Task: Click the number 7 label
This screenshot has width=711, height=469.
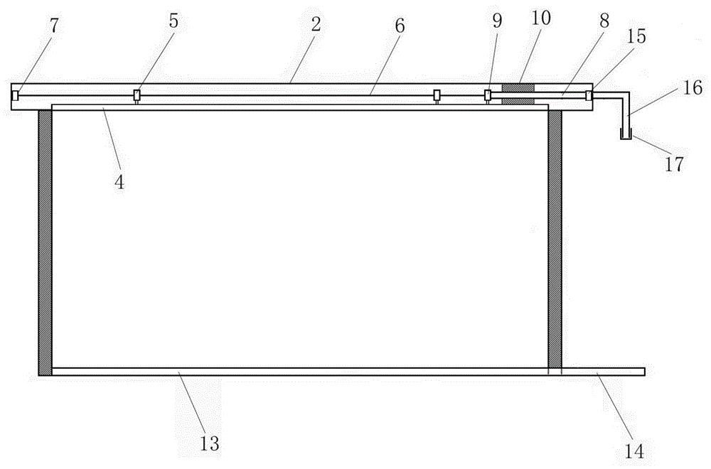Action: [x=55, y=27]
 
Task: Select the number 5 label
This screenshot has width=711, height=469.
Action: [x=173, y=21]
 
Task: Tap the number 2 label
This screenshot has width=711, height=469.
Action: [x=316, y=24]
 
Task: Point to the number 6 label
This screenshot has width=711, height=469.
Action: [x=399, y=26]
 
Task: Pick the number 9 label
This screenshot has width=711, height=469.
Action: [x=498, y=21]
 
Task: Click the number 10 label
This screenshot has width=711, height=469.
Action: [x=541, y=18]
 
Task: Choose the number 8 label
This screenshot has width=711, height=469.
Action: [x=604, y=21]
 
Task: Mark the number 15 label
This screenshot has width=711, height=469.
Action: [x=636, y=36]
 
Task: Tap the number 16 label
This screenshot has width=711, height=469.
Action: [x=693, y=87]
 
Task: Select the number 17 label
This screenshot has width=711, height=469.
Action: [x=674, y=164]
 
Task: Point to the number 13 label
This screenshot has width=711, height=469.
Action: [x=210, y=443]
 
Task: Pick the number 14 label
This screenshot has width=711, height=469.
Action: [x=634, y=451]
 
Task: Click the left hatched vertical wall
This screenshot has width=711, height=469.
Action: [x=45, y=243]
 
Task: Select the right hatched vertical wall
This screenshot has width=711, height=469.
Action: [x=555, y=239]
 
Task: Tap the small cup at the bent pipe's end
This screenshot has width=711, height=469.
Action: [x=626, y=134]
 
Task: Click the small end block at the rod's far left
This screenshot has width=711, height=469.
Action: [x=15, y=96]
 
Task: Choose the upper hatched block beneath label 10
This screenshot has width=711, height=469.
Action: [x=518, y=87]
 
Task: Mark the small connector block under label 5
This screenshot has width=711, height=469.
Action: [x=137, y=95]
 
